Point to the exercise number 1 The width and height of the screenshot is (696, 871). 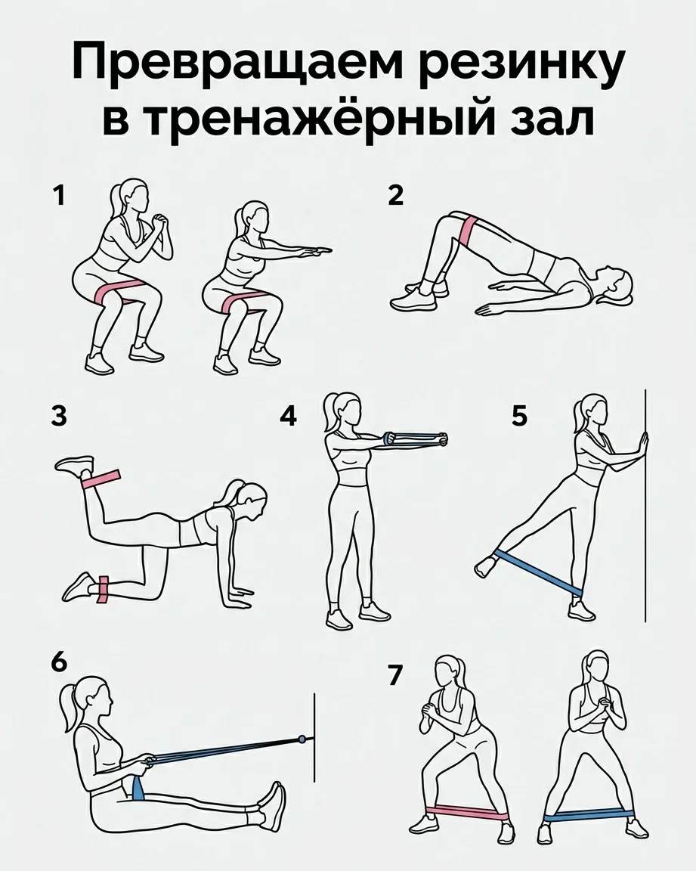point(59,196)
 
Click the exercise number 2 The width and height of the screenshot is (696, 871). point(396,196)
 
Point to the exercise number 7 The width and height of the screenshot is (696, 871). point(395,676)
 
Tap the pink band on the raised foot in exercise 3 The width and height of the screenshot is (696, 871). point(101,479)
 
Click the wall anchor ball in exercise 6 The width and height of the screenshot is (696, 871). point(302,739)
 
